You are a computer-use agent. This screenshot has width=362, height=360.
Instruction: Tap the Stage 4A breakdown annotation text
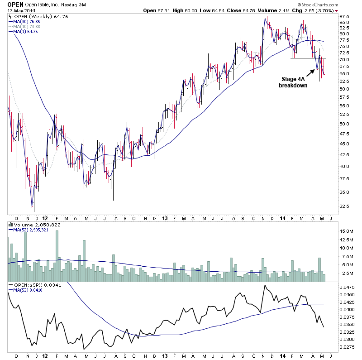(x=294, y=82)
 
